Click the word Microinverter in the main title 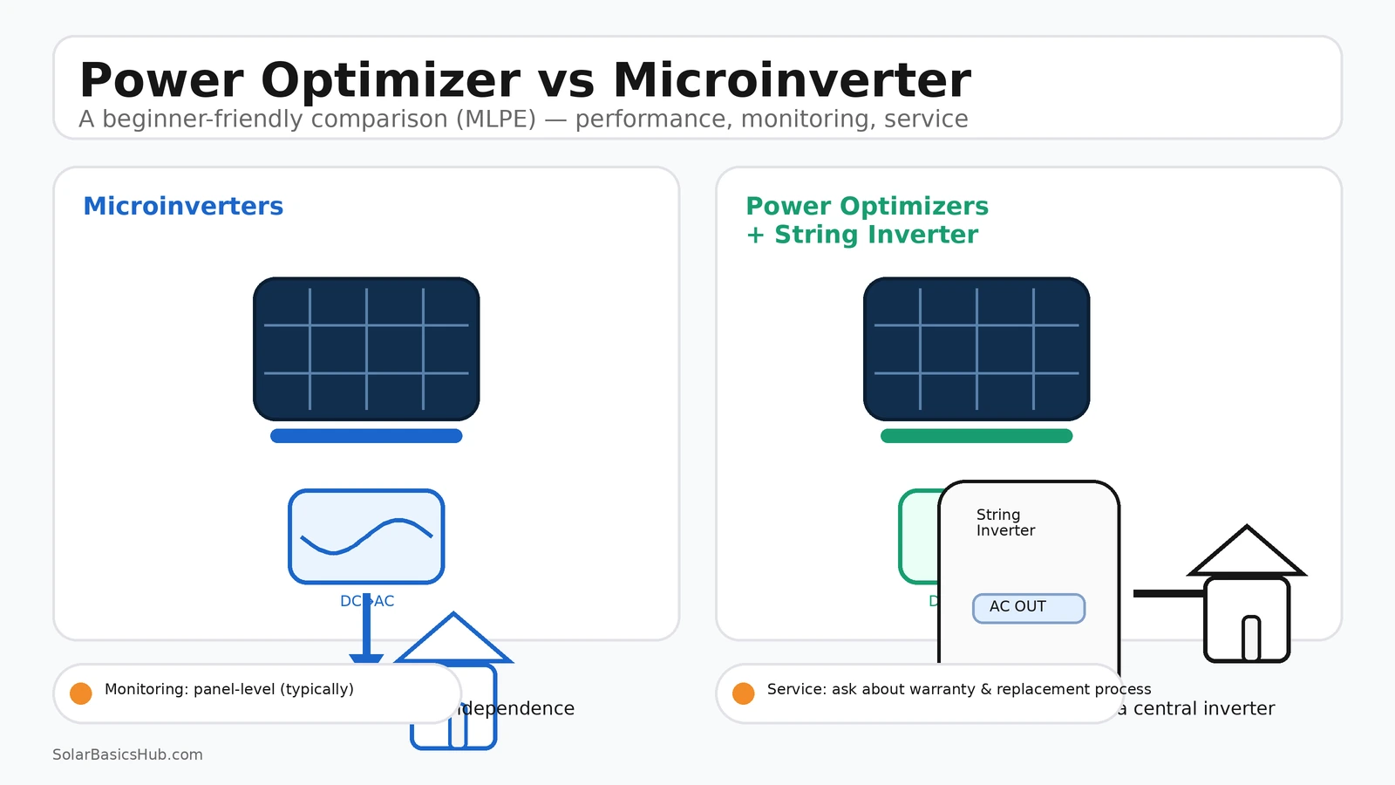tap(791, 80)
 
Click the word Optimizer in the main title tap(390, 80)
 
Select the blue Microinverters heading tap(183, 206)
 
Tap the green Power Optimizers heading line tap(867, 206)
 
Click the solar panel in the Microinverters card tap(366, 349)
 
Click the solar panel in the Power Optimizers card tap(976, 349)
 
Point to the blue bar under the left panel tap(366, 436)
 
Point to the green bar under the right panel tap(976, 436)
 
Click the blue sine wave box tap(366, 536)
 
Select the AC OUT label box tap(1029, 608)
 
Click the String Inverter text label tap(1005, 522)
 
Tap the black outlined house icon tap(1247, 602)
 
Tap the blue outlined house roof tap(453, 641)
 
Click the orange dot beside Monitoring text tap(81, 693)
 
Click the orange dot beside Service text tap(744, 693)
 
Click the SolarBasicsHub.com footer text tap(127, 754)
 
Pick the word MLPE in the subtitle tap(496, 119)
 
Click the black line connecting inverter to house tap(1168, 593)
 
